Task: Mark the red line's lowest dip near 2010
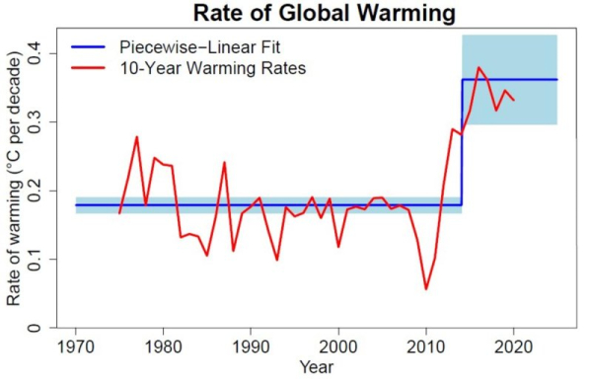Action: coord(426,288)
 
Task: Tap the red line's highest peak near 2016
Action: coord(479,68)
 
